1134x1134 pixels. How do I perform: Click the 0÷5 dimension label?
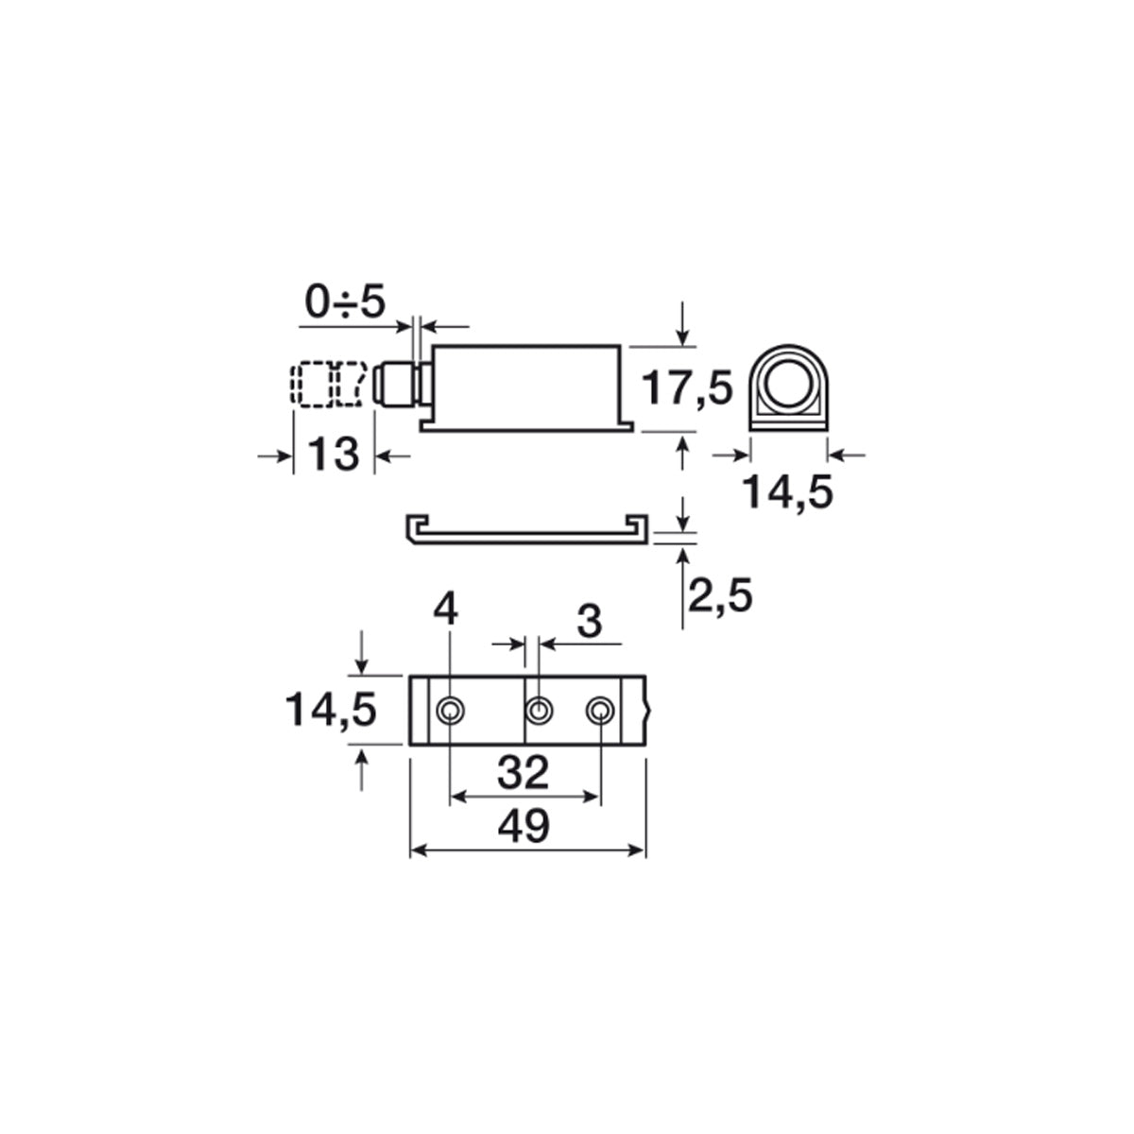[345, 301]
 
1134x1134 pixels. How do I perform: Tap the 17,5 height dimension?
[686, 388]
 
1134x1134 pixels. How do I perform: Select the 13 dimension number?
[333, 455]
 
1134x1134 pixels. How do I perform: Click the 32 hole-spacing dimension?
[524, 772]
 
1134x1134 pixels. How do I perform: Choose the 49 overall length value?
[524, 826]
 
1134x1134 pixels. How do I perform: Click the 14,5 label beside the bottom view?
[331, 710]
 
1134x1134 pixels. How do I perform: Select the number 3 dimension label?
[590, 622]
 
